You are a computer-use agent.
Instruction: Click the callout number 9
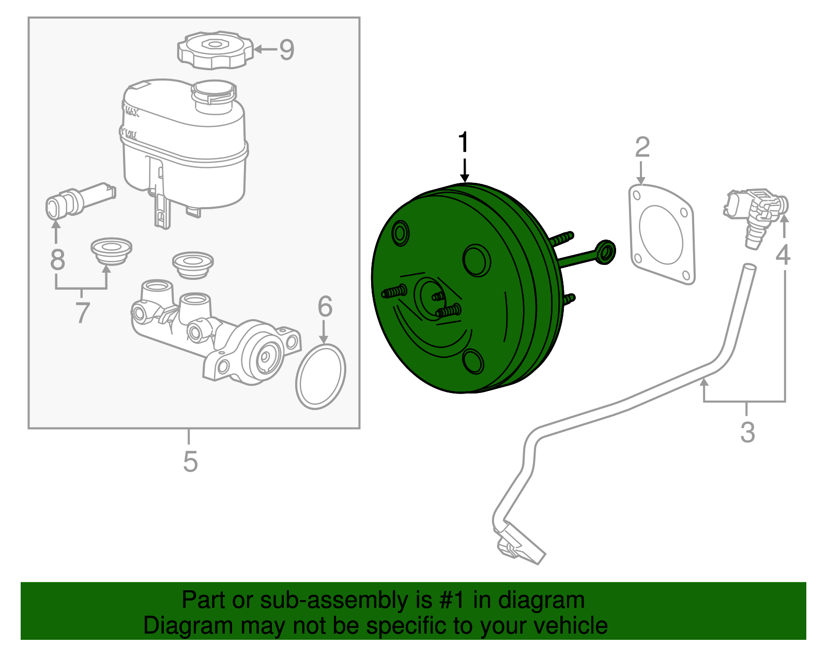286,50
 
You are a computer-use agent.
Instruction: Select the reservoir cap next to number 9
216,50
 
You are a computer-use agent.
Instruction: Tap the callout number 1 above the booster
464,142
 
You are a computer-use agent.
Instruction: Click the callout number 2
642,147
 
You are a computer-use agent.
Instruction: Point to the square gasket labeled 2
662,234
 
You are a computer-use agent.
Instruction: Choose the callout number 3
747,432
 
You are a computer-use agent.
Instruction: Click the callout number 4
783,254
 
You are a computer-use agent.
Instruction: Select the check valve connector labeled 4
756,217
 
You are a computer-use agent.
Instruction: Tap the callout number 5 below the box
190,462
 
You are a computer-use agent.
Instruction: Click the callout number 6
325,306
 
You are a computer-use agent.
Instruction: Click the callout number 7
82,312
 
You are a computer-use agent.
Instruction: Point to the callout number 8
57,260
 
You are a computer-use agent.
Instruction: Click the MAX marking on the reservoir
132,112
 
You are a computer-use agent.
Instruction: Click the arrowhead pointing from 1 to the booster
464,178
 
